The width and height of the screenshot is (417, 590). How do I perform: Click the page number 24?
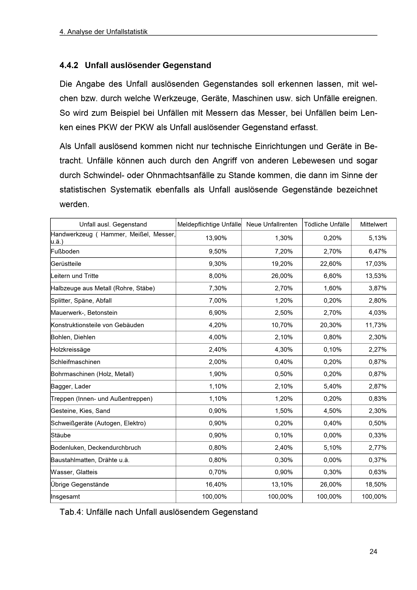pos(373,552)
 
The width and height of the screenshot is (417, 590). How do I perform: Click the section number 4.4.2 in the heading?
pos(69,65)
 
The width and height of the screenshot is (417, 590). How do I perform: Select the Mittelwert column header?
pos(373,224)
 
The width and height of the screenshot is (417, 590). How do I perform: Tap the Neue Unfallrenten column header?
pos(272,224)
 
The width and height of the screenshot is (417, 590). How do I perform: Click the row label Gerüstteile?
pos(66,264)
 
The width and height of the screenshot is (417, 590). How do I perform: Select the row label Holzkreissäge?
pos(71,349)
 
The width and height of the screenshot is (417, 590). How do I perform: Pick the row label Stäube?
pos(61,435)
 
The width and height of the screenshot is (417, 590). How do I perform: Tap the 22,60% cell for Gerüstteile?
pos(331,264)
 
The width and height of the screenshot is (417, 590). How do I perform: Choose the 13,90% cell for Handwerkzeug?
pos(216,238)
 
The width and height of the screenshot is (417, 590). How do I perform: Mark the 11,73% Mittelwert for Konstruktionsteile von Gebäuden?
pos(376,325)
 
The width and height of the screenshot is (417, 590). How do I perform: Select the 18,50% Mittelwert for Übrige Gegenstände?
pos(376,484)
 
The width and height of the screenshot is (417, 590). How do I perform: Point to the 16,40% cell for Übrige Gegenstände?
pos(216,484)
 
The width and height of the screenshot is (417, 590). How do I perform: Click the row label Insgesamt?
pos(65,497)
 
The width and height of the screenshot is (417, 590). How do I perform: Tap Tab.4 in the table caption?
pos(71,512)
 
